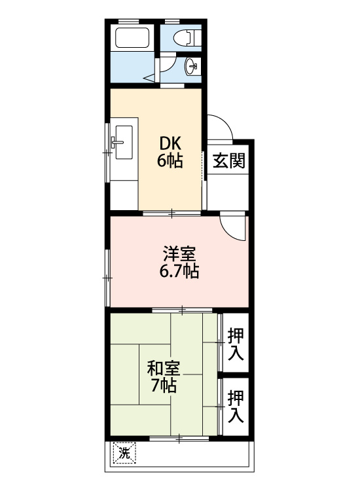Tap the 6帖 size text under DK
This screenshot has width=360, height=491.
(170, 161)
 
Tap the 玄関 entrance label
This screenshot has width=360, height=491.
(229, 160)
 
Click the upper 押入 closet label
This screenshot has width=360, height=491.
(236, 344)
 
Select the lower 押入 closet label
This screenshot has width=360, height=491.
(236, 405)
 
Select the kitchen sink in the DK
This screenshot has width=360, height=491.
(122, 140)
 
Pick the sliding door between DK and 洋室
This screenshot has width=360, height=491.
(172, 213)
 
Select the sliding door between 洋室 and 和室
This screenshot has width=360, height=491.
(182, 308)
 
